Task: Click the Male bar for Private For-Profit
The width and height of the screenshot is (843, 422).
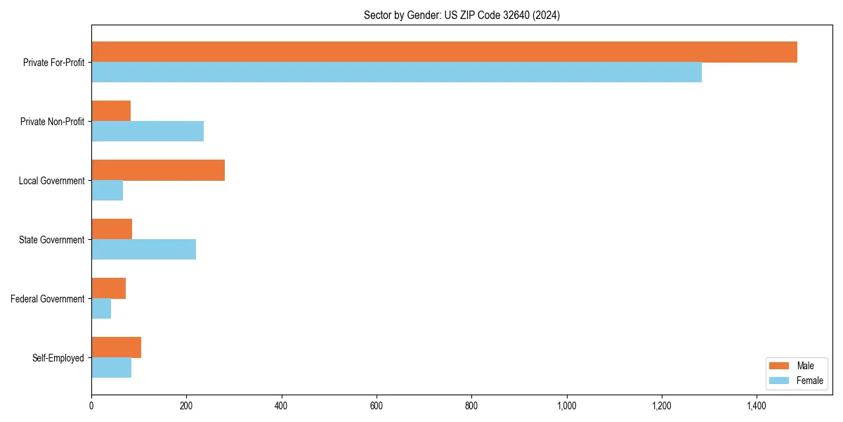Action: click(x=444, y=52)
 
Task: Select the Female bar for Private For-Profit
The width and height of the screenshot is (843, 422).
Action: click(x=396, y=72)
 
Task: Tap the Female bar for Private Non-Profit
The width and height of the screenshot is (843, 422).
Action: click(x=148, y=132)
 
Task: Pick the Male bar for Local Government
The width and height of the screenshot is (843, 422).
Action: click(x=158, y=170)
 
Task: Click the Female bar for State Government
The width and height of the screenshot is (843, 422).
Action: click(x=143, y=250)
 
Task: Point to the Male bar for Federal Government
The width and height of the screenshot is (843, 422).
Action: click(x=108, y=288)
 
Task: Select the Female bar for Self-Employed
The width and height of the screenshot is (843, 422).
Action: click(x=111, y=368)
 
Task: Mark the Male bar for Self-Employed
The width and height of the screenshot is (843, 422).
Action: click(x=116, y=347)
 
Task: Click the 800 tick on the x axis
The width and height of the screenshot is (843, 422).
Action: click(x=471, y=406)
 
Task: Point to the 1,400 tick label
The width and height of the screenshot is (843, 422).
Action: click(x=756, y=406)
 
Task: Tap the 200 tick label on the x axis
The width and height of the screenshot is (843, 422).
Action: click(x=186, y=406)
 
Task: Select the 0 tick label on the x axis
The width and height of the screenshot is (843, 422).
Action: click(x=91, y=406)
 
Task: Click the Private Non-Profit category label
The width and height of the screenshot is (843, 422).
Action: click(x=52, y=122)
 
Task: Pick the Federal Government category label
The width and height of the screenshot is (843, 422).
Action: click(x=48, y=299)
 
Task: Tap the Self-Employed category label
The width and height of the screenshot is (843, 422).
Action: click(x=58, y=358)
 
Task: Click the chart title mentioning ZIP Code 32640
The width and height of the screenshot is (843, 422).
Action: click(x=462, y=15)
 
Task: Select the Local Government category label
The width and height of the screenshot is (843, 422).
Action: click(x=51, y=181)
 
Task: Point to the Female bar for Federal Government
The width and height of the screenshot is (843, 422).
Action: click(x=101, y=309)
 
